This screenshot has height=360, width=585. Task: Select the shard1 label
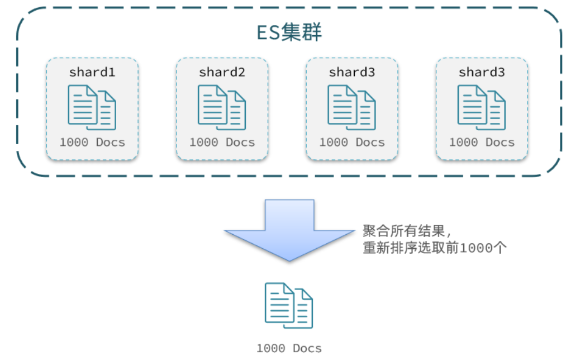pos(92,72)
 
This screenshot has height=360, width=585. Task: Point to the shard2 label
pos(222,72)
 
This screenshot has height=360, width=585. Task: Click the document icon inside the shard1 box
pos(92,107)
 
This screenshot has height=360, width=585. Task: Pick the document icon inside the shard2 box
pos(222,107)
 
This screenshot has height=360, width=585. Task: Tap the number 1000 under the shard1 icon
pos(74,143)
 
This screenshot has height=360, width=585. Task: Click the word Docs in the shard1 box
pos(110,143)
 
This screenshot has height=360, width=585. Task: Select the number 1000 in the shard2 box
pos(203,143)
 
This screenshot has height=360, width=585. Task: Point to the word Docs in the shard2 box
pos(240,143)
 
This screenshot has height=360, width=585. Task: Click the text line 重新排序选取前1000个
pos(435,248)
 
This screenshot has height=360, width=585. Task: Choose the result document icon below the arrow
pos(288,305)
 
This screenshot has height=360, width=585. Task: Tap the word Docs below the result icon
pos(307,348)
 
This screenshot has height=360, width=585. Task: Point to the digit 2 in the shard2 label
pos(241,72)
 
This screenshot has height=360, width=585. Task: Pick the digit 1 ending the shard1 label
pos(112,72)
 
